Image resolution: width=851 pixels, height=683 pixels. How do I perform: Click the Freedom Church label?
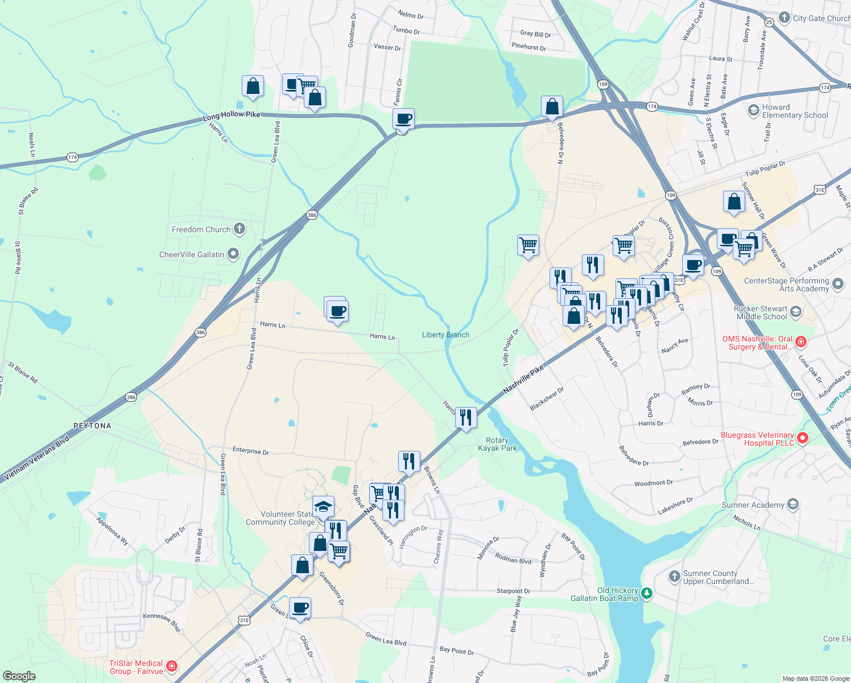(x=201, y=229)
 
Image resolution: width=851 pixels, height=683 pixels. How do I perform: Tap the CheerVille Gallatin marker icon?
(x=233, y=254)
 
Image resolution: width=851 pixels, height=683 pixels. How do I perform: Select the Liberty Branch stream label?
(x=445, y=335)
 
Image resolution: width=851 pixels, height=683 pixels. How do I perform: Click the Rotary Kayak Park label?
(x=497, y=444)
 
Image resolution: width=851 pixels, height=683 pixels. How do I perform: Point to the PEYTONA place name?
(x=92, y=426)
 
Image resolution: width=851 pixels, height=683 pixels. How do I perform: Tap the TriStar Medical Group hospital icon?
(x=172, y=666)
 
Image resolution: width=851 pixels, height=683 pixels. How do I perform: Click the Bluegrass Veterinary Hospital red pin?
(x=802, y=438)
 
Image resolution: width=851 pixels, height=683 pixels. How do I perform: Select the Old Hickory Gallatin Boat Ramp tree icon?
(x=646, y=594)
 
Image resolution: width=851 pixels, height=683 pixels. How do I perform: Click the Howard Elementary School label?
(x=795, y=111)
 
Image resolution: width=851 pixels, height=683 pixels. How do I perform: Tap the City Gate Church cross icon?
(x=784, y=18)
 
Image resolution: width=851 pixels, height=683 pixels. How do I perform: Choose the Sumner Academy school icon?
(x=793, y=504)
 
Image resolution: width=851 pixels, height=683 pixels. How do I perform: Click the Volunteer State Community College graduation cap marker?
(x=323, y=507)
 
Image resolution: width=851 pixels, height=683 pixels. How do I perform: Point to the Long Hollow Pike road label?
(x=232, y=115)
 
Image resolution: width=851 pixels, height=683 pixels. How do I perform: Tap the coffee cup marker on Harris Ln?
(x=337, y=311)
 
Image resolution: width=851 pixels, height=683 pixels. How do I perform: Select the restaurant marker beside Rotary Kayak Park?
(x=466, y=418)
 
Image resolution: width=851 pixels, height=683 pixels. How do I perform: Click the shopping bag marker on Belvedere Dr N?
(x=552, y=106)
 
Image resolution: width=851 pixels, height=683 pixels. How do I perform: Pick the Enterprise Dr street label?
(x=250, y=451)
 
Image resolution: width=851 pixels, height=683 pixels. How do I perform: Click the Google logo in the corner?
(x=19, y=676)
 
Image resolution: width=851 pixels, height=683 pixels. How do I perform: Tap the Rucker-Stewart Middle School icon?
(x=796, y=311)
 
